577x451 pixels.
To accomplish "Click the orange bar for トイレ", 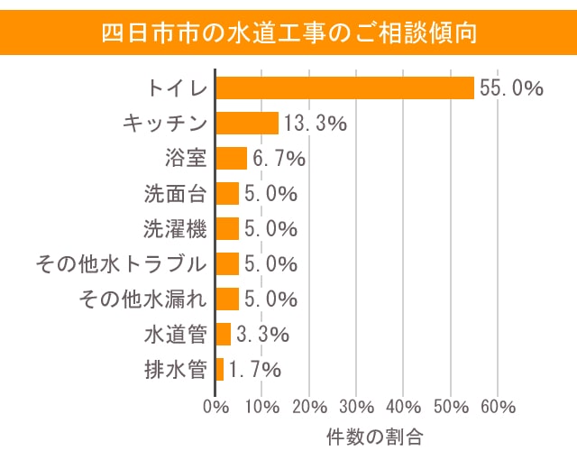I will coord(344,88).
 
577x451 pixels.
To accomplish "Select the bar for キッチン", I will coord(247,124).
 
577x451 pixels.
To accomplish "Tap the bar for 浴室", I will coord(231,159).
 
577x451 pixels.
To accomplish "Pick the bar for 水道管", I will coord(224,335).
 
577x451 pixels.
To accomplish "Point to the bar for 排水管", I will coord(220,369).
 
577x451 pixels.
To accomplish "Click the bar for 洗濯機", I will coord(227,229).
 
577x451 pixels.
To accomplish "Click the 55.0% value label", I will coord(511,88).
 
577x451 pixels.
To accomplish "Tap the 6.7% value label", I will coord(279,159).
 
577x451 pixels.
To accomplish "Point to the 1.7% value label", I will coord(255,369).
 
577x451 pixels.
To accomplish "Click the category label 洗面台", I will coord(176,194).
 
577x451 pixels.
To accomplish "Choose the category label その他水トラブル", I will coord(121,264).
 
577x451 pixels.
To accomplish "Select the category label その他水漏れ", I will coord(143,299).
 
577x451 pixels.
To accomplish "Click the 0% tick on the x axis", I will coord(216,406).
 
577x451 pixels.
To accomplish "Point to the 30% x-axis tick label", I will coord(357,406).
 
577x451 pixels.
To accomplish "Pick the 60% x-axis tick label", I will coord(498,406).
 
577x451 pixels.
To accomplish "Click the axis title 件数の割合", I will coord(374,437).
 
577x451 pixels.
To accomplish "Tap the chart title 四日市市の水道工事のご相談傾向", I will coord(288,32).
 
